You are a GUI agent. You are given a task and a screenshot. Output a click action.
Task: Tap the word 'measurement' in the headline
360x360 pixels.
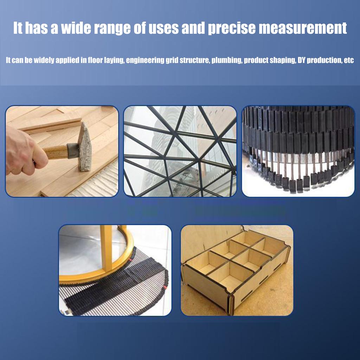[303, 28]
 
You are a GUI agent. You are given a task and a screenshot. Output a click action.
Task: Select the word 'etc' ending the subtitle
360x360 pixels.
[348, 60]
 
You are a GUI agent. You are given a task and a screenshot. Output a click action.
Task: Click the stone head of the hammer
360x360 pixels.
[85, 148]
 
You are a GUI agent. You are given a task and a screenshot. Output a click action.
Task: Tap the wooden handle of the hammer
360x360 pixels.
[56, 152]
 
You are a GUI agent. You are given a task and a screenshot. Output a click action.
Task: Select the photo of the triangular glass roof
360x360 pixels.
[180, 151]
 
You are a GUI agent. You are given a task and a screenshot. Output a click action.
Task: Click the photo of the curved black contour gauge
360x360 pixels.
[298, 151]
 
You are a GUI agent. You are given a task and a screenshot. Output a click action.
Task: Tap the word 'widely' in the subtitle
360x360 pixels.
[46, 60]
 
